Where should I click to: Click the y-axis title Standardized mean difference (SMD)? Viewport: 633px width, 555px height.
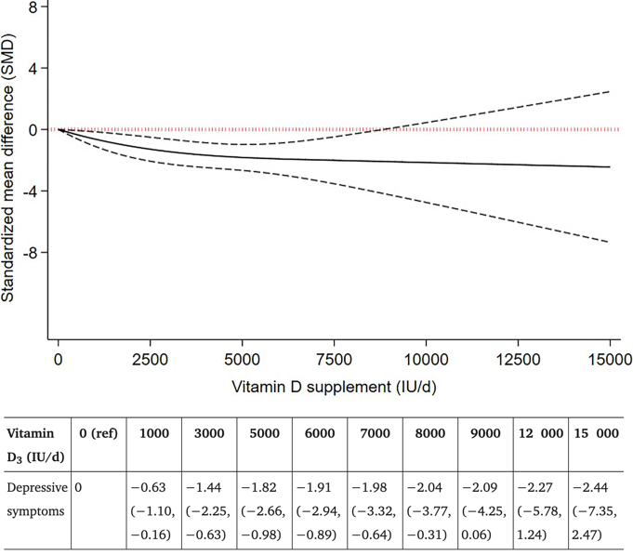[x=10, y=164]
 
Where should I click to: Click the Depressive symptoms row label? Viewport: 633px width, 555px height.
[x=34, y=496]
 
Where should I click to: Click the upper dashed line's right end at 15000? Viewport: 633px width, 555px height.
[x=610, y=91]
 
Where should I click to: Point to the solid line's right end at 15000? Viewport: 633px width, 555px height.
[x=610, y=167]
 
